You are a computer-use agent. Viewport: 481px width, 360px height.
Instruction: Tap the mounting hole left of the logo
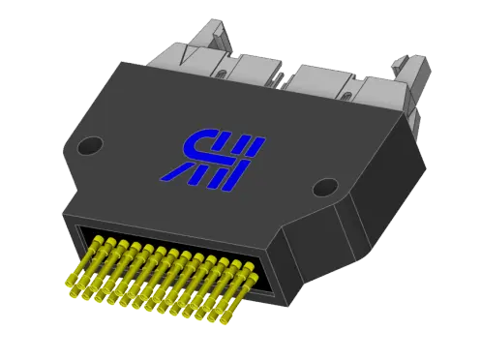point(89,146)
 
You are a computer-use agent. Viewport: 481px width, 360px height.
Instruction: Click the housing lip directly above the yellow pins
point(165,228)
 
